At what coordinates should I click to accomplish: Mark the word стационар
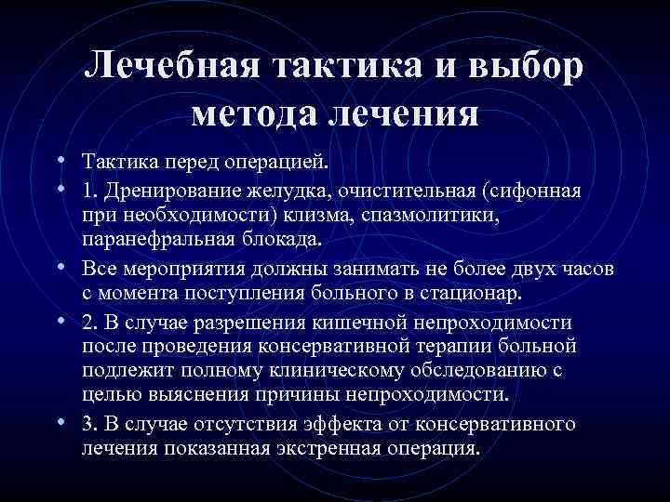pos(471,294)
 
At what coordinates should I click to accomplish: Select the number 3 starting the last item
pos(87,424)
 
